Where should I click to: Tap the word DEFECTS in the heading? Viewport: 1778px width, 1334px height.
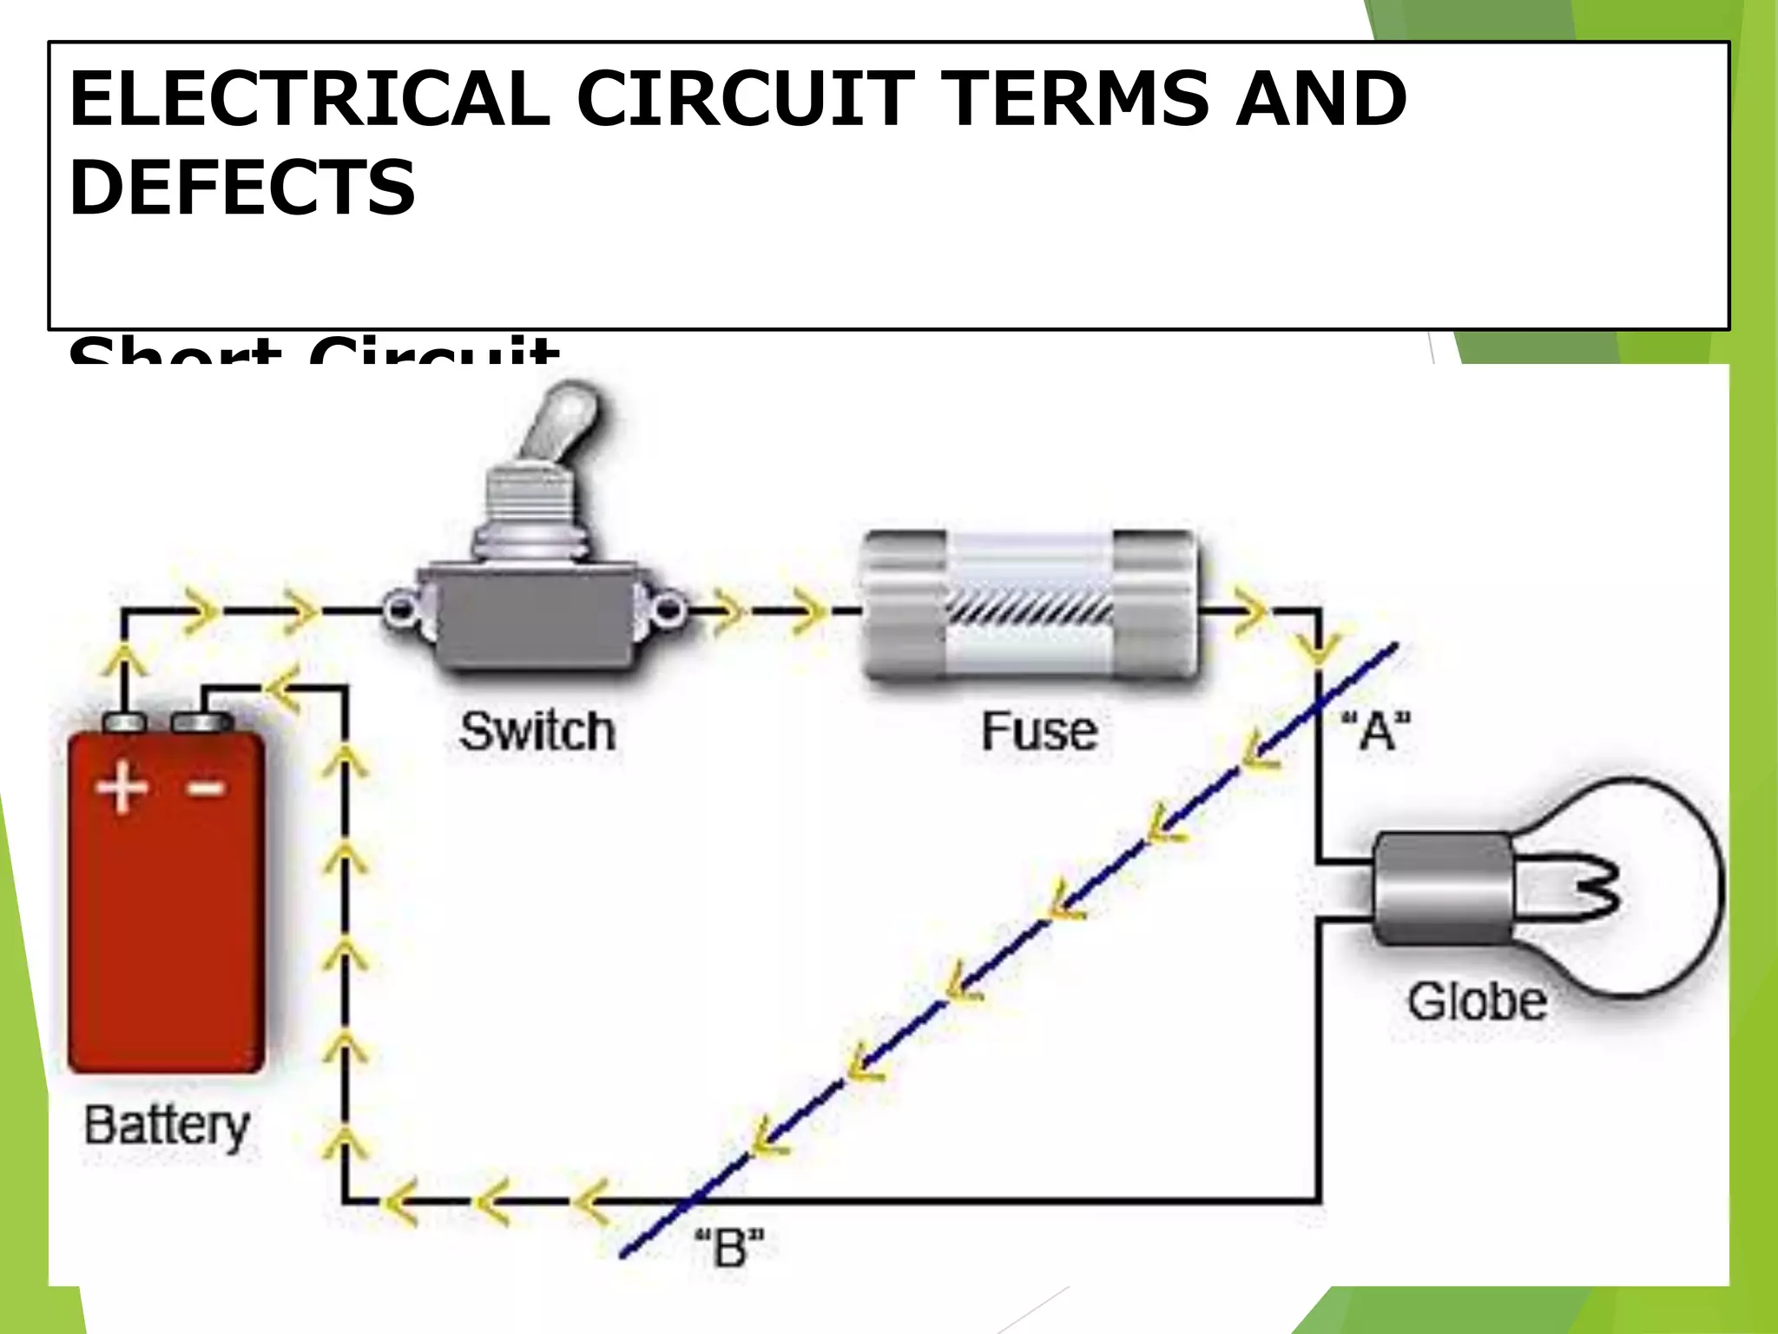[242, 188]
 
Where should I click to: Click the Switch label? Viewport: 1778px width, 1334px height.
[537, 731]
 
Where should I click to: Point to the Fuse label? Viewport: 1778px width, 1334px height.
[1039, 731]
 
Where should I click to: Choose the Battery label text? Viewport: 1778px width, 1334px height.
[167, 1126]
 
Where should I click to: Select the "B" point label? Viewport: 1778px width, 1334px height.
[729, 1248]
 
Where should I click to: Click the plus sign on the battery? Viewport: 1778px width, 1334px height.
[122, 788]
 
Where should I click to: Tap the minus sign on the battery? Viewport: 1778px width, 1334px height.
[207, 788]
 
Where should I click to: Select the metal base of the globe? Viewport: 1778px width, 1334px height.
[1441, 888]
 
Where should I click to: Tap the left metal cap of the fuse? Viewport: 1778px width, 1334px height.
[903, 604]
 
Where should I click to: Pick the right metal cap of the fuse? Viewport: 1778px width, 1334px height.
[1155, 604]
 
